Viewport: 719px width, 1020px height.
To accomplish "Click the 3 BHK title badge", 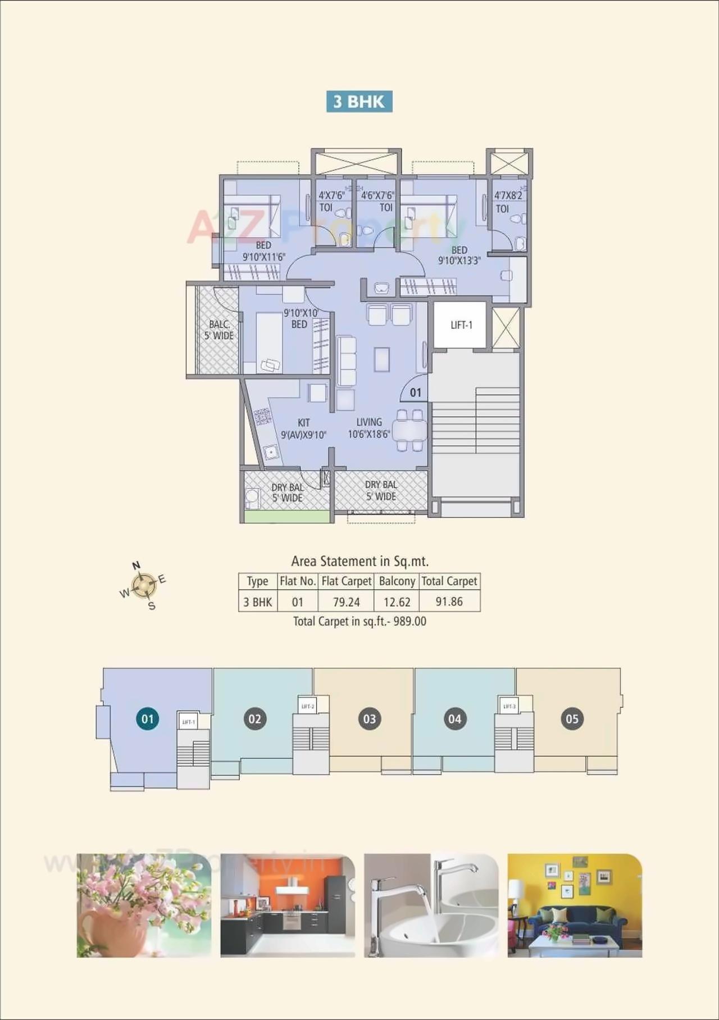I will [359, 102].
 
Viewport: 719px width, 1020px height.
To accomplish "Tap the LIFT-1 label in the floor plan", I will [461, 325].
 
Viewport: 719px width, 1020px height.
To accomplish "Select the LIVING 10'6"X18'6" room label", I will [368, 428].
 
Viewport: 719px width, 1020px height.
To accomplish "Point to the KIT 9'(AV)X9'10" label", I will [303, 429].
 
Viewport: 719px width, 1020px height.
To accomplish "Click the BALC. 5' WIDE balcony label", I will [219, 330].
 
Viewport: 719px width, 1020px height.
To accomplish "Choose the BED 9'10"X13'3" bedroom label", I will [459, 255].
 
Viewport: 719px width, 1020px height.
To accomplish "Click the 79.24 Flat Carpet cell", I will [346, 602].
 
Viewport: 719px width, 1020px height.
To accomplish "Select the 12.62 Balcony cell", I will [397, 602].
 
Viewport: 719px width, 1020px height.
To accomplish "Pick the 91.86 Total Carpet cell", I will [449, 602].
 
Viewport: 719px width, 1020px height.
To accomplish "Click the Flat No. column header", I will [298, 581].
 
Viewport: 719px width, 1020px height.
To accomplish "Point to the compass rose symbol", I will [144, 586].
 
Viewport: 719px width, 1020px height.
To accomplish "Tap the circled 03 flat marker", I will [370, 719].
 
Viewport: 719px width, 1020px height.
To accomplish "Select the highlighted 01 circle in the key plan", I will [148, 719].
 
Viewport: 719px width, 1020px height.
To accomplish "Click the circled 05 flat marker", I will [572, 719].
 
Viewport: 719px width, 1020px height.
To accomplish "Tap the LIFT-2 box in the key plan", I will [307, 706].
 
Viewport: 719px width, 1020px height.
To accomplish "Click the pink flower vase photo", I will [144, 905].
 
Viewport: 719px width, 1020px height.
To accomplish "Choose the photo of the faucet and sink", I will [431, 905].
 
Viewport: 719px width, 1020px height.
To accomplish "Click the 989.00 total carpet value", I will [409, 622].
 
